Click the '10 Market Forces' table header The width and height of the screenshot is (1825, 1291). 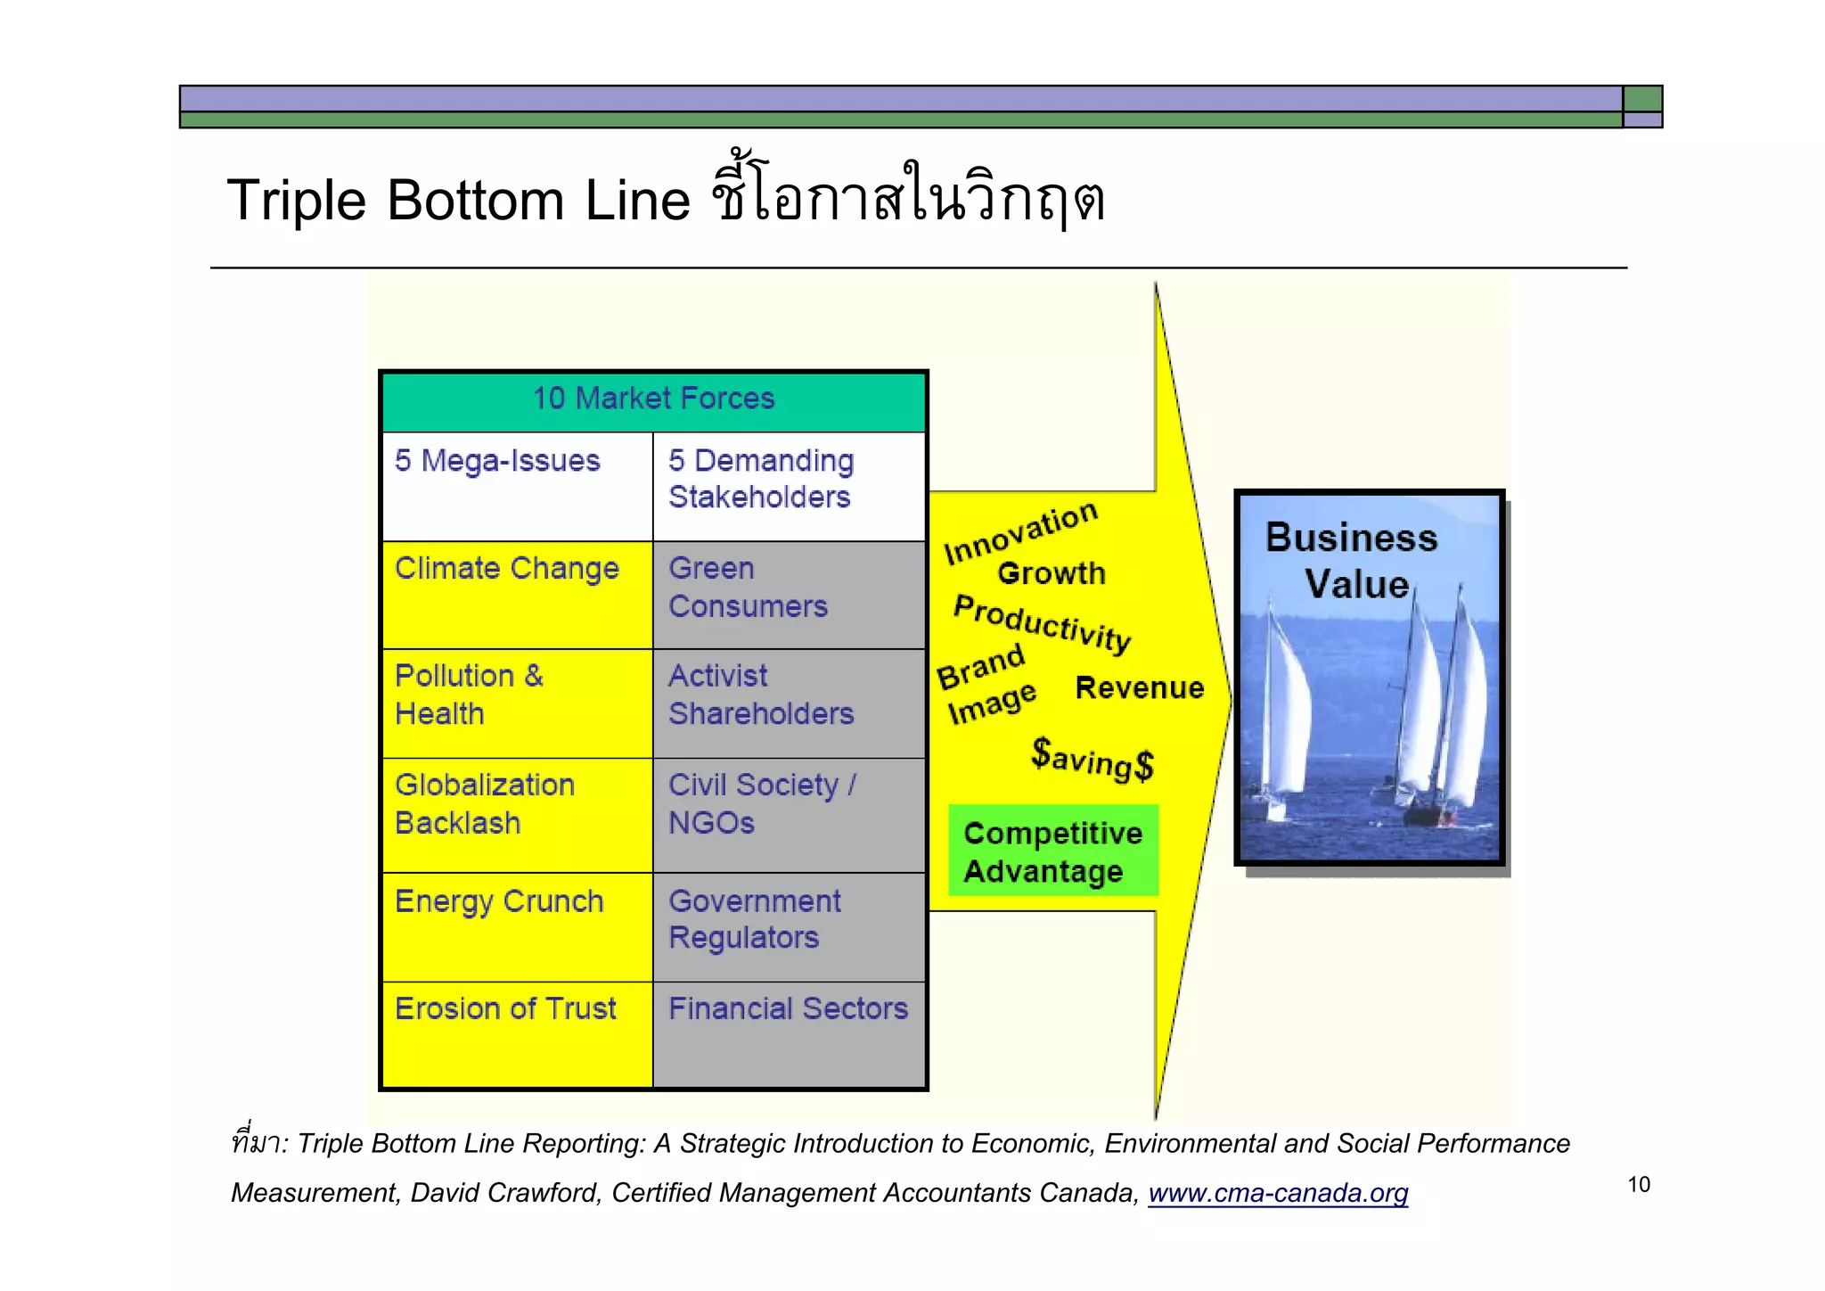(653, 399)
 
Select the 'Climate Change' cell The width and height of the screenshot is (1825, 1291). (517, 594)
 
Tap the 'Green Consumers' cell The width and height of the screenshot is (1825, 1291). (789, 594)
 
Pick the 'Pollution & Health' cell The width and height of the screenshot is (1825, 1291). (517, 703)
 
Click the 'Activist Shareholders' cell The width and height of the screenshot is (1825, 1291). (789, 703)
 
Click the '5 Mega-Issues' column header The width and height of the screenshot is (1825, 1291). (517, 486)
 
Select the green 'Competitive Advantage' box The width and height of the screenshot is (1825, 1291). (1053, 851)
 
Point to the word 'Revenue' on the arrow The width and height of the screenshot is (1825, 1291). (1139, 687)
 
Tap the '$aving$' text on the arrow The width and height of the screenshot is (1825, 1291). (1093, 760)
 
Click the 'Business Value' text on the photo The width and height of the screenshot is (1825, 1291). (1353, 560)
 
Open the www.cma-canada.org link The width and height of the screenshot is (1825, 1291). (1278, 1192)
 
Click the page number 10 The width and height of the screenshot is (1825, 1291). (1638, 1184)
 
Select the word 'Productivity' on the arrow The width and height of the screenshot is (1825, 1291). (1042, 623)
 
